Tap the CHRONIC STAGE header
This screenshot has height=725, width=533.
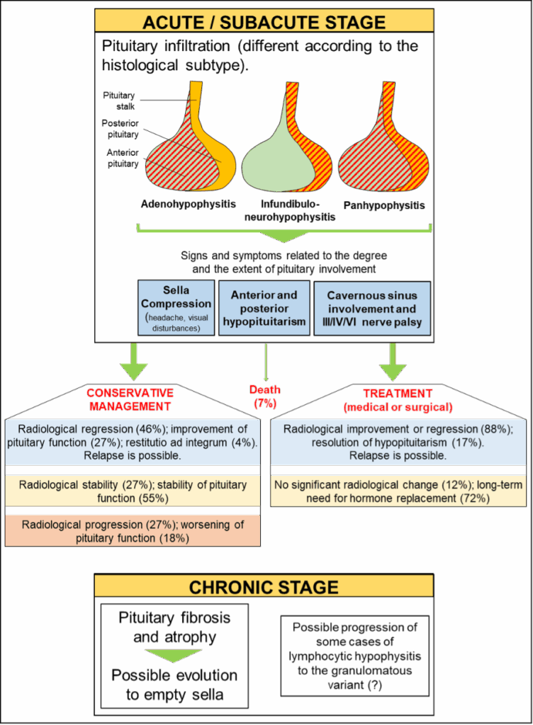click(x=264, y=587)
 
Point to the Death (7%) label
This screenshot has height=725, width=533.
click(x=265, y=396)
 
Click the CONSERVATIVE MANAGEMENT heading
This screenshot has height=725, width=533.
click(x=130, y=399)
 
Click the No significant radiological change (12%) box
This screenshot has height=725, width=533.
click(x=398, y=491)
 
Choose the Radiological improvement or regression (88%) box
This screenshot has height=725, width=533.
click(x=398, y=443)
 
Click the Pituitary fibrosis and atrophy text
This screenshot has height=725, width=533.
click(x=174, y=626)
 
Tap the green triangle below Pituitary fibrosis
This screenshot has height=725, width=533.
click(x=174, y=654)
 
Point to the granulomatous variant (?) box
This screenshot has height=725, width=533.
click(x=354, y=656)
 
